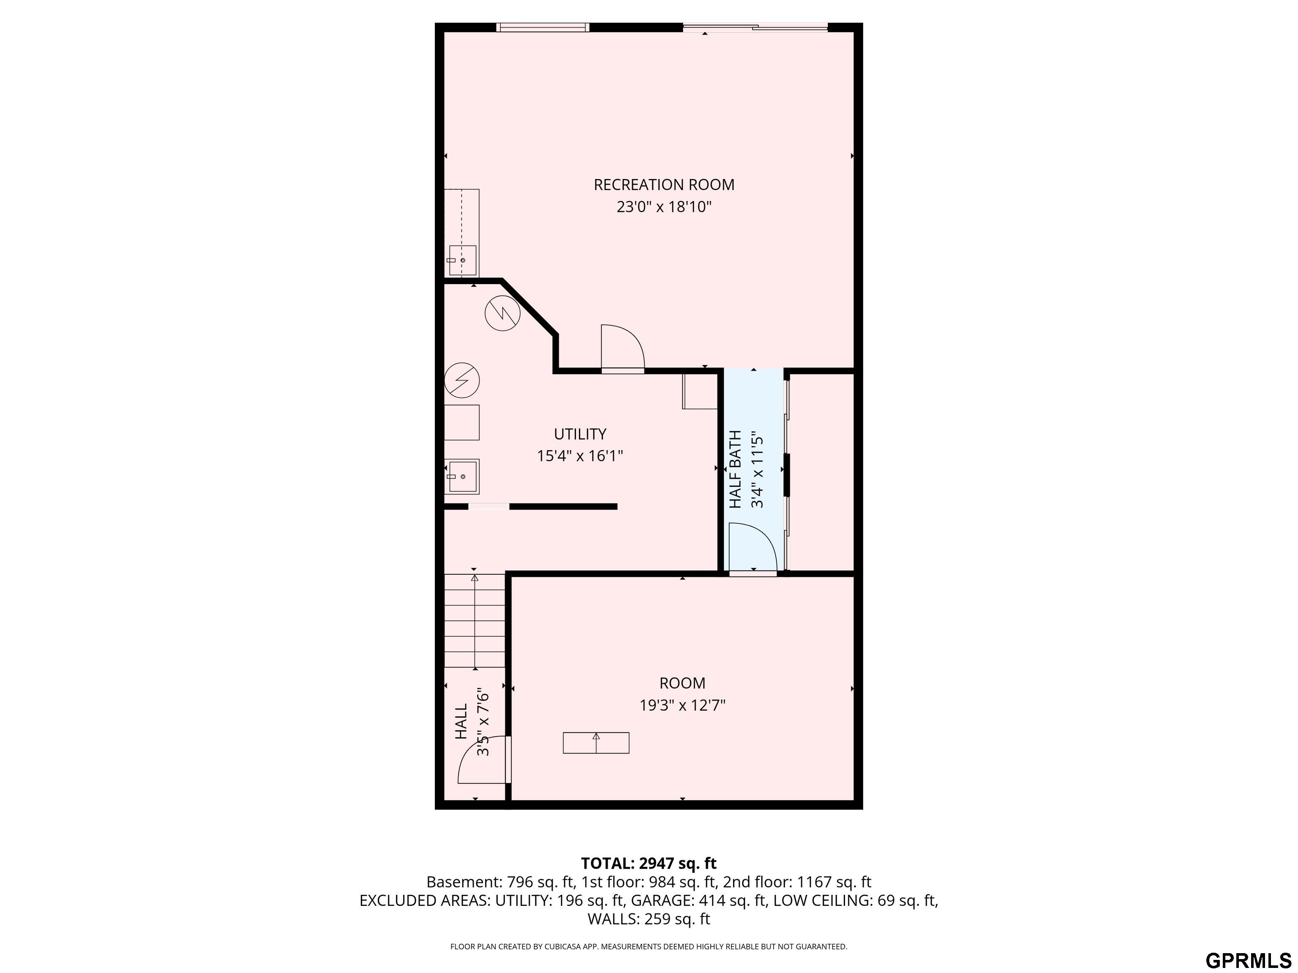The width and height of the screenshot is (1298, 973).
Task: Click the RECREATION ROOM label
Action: (x=664, y=185)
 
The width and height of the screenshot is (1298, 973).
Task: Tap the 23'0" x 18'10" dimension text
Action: (x=664, y=207)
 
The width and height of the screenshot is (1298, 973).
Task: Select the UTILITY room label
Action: (x=580, y=434)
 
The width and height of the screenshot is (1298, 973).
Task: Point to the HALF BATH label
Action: (x=735, y=469)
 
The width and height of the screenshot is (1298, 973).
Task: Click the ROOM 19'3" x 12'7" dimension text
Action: (x=682, y=705)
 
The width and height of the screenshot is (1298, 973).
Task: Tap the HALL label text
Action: (x=462, y=721)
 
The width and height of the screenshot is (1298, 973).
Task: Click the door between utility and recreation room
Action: (x=622, y=348)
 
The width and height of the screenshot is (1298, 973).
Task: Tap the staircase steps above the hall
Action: (x=474, y=622)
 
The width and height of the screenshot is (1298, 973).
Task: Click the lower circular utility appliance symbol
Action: (x=462, y=380)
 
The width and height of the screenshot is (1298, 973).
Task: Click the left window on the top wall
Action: (x=542, y=27)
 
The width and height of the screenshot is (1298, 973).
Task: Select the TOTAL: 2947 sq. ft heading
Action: (x=649, y=863)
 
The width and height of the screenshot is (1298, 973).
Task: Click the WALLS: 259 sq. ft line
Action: (x=649, y=919)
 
